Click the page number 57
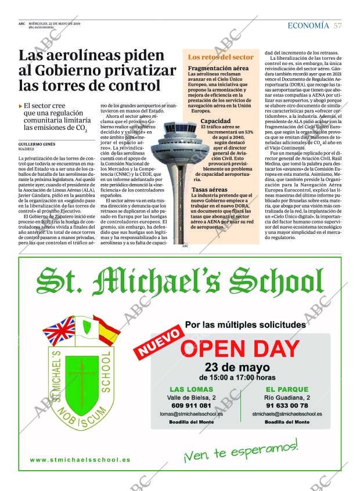pyautogui.click(x=338, y=26)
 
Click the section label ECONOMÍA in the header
pyautogui.click(x=308, y=26)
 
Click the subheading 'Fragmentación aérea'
pyautogui.click(x=218, y=68)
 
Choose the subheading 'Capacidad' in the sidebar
pyautogui.click(x=215, y=121)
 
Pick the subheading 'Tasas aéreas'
pyautogui.click(x=210, y=190)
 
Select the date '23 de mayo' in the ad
pyautogui.click(x=237, y=367)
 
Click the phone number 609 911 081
pyautogui.click(x=191, y=405)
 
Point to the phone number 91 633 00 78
pyautogui.click(x=288, y=405)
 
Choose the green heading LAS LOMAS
pyautogui.click(x=191, y=389)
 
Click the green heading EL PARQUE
pyautogui.click(x=288, y=389)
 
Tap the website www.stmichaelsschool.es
pyautogui.click(x=80, y=460)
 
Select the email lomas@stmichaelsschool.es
pyautogui.click(x=191, y=414)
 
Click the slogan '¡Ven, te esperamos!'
pyautogui.click(x=240, y=450)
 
